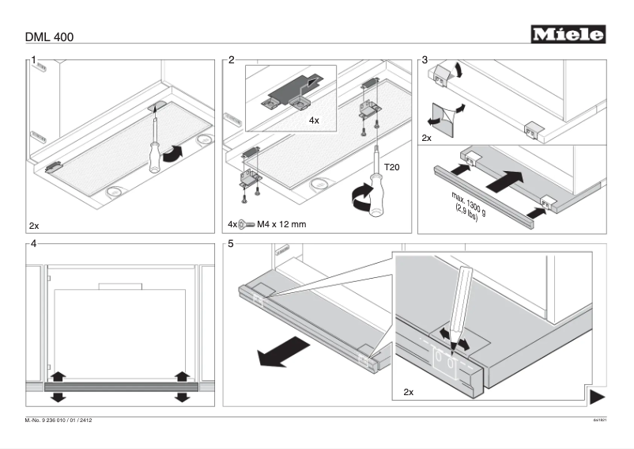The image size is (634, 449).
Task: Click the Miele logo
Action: [x=568, y=34]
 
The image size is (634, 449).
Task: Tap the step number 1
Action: [x=34, y=59]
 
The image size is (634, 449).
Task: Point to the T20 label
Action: [x=392, y=167]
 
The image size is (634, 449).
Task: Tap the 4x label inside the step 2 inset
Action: [x=314, y=121]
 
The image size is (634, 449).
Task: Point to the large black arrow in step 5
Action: [x=282, y=351]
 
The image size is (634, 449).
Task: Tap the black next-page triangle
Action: [x=598, y=395]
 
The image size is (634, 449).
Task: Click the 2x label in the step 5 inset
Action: [x=408, y=392]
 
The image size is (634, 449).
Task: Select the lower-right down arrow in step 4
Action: [x=183, y=394]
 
